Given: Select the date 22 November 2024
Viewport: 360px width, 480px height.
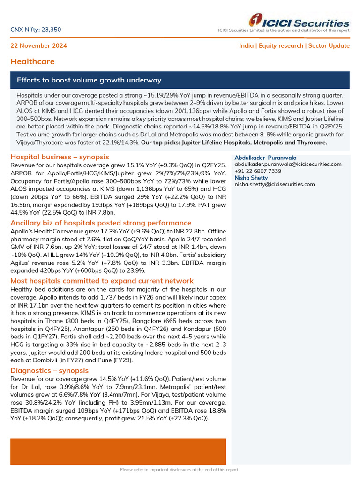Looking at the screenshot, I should [x=38, y=46].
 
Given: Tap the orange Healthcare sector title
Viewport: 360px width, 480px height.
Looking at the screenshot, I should [x=32, y=61].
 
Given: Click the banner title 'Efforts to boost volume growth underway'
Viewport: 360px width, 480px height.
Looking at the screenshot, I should [x=89, y=80].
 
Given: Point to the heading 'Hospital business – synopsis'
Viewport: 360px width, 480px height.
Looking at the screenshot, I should [x=60, y=157].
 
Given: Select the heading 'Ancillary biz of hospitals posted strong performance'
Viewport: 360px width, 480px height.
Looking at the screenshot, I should [x=101, y=223].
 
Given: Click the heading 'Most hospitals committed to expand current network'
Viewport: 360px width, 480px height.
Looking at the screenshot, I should [x=102, y=281].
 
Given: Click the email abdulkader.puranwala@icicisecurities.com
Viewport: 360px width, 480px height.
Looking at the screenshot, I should [x=288, y=165].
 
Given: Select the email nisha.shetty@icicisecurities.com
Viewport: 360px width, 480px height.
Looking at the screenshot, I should [x=275, y=184].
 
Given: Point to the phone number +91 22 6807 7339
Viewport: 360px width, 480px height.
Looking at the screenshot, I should [x=258, y=171].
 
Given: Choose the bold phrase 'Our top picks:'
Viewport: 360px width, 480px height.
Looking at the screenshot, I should [x=161, y=142].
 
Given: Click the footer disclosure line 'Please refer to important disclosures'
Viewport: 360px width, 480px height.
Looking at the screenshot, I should [x=179, y=470].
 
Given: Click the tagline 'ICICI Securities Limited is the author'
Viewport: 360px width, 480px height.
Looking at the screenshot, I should [x=284, y=30].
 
